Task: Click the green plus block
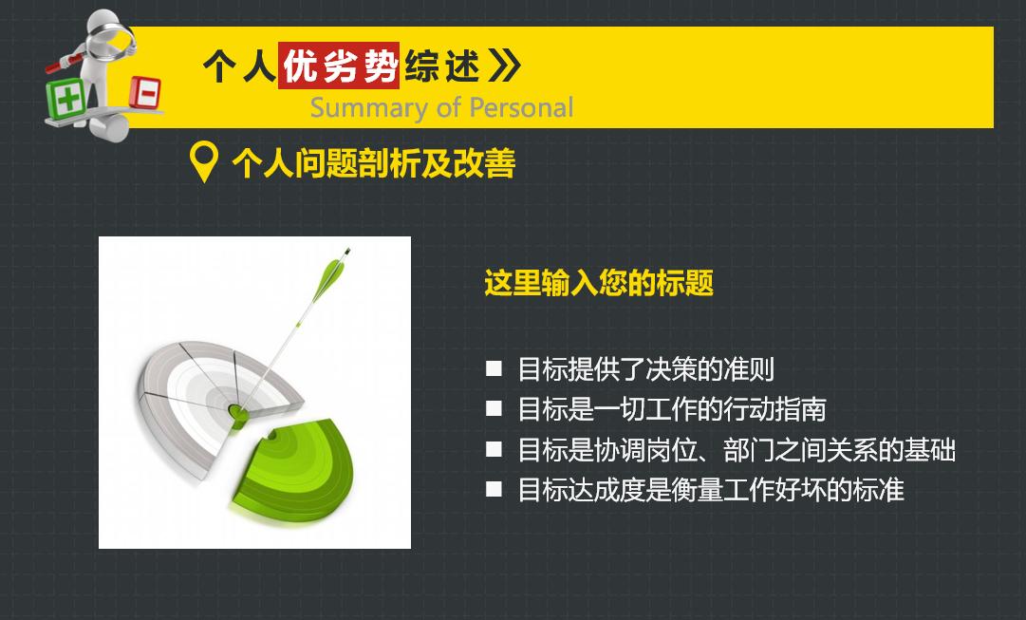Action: tap(68, 97)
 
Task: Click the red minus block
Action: tap(146, 93)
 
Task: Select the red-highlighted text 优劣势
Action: tap(339, 66)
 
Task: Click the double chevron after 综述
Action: tap(505, 66)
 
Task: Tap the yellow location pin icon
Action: tap(204, 162)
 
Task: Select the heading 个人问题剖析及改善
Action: tap(373, 163)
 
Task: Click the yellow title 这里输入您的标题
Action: tap(599, 283)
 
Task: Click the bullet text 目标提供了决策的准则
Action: tap(645, 368)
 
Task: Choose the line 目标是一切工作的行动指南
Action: tap(671, 408)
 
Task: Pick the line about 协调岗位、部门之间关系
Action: tap(736, 449)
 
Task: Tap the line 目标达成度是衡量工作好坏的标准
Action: tap(710, 490)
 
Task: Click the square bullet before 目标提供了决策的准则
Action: tap(494, 368)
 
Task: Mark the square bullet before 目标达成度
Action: tap(494, 490)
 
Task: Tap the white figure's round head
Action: tap(103, 27)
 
